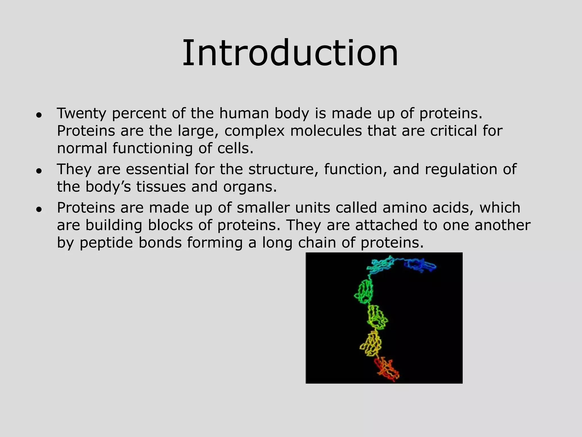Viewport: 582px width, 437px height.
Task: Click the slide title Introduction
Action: coord(290,53)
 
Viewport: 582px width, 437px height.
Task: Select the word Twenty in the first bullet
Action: coord(82,113)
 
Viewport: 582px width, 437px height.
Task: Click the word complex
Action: coord(254,131)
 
